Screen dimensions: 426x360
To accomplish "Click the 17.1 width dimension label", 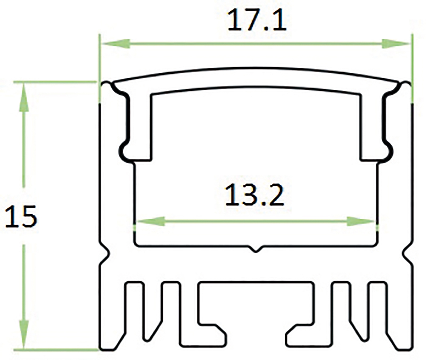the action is (x=257, y=20).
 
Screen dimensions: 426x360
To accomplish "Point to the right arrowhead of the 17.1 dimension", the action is (x=395, y=44).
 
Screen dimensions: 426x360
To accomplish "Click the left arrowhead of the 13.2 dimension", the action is (x=150, y=221).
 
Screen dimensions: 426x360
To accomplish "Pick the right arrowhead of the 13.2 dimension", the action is (x=361, y=221).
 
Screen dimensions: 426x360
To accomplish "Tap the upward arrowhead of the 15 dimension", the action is (x=24, y=97).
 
